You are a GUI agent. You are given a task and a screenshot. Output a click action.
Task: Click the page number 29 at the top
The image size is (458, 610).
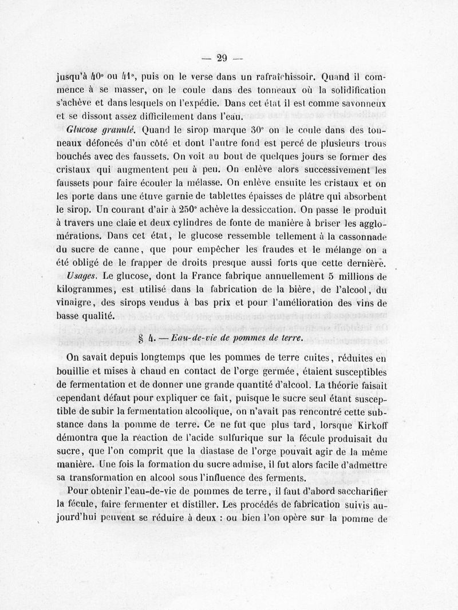(x=223, y=57)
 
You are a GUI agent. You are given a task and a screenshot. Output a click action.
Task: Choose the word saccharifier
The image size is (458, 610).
(x=358, y=491)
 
